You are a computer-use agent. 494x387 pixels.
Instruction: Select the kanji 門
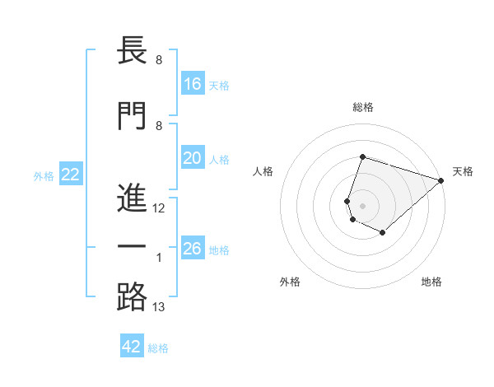coord(132,115)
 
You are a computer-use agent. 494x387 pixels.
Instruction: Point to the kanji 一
coord(132,248)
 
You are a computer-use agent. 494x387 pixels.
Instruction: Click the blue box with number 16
coord(193,84)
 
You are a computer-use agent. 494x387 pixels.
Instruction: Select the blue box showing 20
coord(193,158)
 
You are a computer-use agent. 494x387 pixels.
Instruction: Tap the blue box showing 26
coord(193,249)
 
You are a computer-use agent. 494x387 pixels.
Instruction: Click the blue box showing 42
coord(132,347)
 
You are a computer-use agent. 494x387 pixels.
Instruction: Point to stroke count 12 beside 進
coord(159,208)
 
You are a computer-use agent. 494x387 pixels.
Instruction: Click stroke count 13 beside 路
coord(159,307)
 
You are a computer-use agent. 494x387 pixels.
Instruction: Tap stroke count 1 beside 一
coord(159,259)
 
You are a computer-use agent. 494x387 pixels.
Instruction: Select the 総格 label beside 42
coord(158,348)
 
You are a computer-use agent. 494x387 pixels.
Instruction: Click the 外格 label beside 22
coord(44,175)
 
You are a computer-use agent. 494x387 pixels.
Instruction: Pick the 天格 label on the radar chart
coord(463,171)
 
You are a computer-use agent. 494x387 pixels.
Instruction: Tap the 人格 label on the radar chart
coord(263,171)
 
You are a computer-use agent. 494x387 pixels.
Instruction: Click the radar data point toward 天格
coord(440,180)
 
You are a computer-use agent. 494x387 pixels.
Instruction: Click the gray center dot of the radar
coord(362,205)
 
